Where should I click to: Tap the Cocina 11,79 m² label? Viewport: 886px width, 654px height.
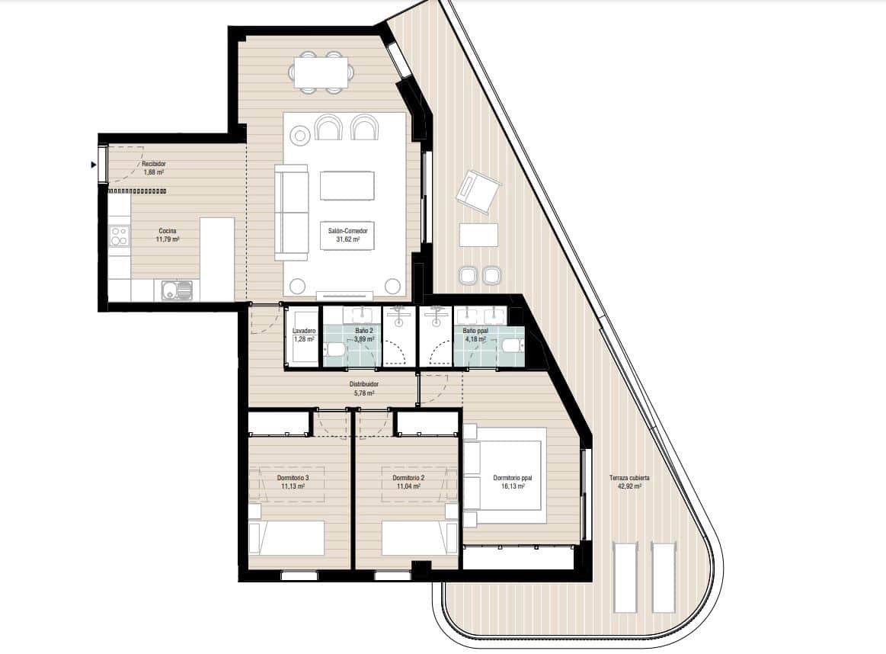coord(168,235)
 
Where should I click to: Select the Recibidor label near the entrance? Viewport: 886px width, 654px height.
coord(153,168)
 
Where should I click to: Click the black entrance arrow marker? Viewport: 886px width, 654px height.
coord(94,164)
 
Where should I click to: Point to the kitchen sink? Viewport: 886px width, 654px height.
coord(177,290)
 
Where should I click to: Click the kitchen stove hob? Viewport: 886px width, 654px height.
coord(119,236)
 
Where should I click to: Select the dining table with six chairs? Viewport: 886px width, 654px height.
coord(321,72)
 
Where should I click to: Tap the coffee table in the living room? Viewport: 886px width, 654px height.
coord(347,185)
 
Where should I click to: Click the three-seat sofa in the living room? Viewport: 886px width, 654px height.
coord(290,213)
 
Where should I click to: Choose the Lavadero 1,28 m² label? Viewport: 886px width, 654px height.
coord(303,335)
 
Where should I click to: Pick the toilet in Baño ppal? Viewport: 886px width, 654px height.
coord(512,346)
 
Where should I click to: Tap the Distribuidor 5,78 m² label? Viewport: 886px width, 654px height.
coord(365,389)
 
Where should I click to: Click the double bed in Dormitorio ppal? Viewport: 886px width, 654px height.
coord(504,476)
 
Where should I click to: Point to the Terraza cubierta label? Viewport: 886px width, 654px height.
coord(629,482)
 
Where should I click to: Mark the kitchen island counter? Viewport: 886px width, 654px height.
coord(217,258)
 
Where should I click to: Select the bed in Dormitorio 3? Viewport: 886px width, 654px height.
coord(286,537)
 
